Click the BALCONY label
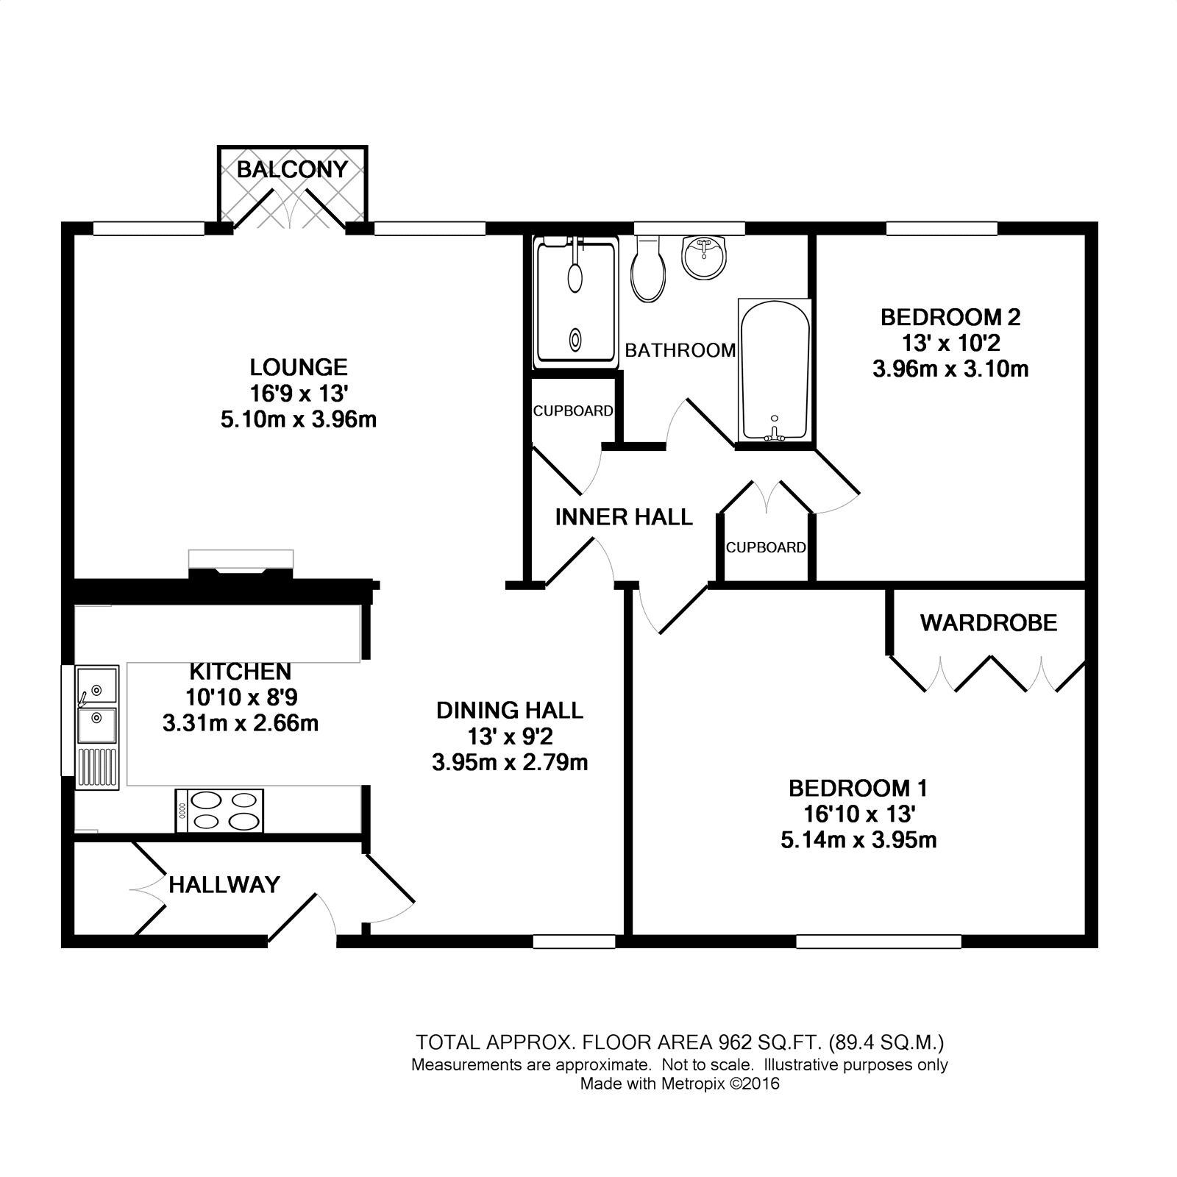tap(292, 170)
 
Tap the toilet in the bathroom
tap(648, 271)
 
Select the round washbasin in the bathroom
tap(704, 257)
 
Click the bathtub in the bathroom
tap(774, 371)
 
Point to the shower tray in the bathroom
tap(575, 303)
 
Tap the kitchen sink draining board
tap(97, 767)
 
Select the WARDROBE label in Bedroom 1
tap(988, 623)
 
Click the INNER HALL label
tap(624, 517)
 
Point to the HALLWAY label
tap(224, 884)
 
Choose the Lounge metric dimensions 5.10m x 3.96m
tap(299, 419)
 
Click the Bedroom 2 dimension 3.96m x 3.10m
tap(950, 369)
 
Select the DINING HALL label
tap(510, 710)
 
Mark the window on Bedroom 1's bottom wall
tap(878, 941)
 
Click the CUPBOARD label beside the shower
tap(573, 410)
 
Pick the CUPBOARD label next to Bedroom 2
tap(766, 547)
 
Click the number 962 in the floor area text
tap(735, 1042)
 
